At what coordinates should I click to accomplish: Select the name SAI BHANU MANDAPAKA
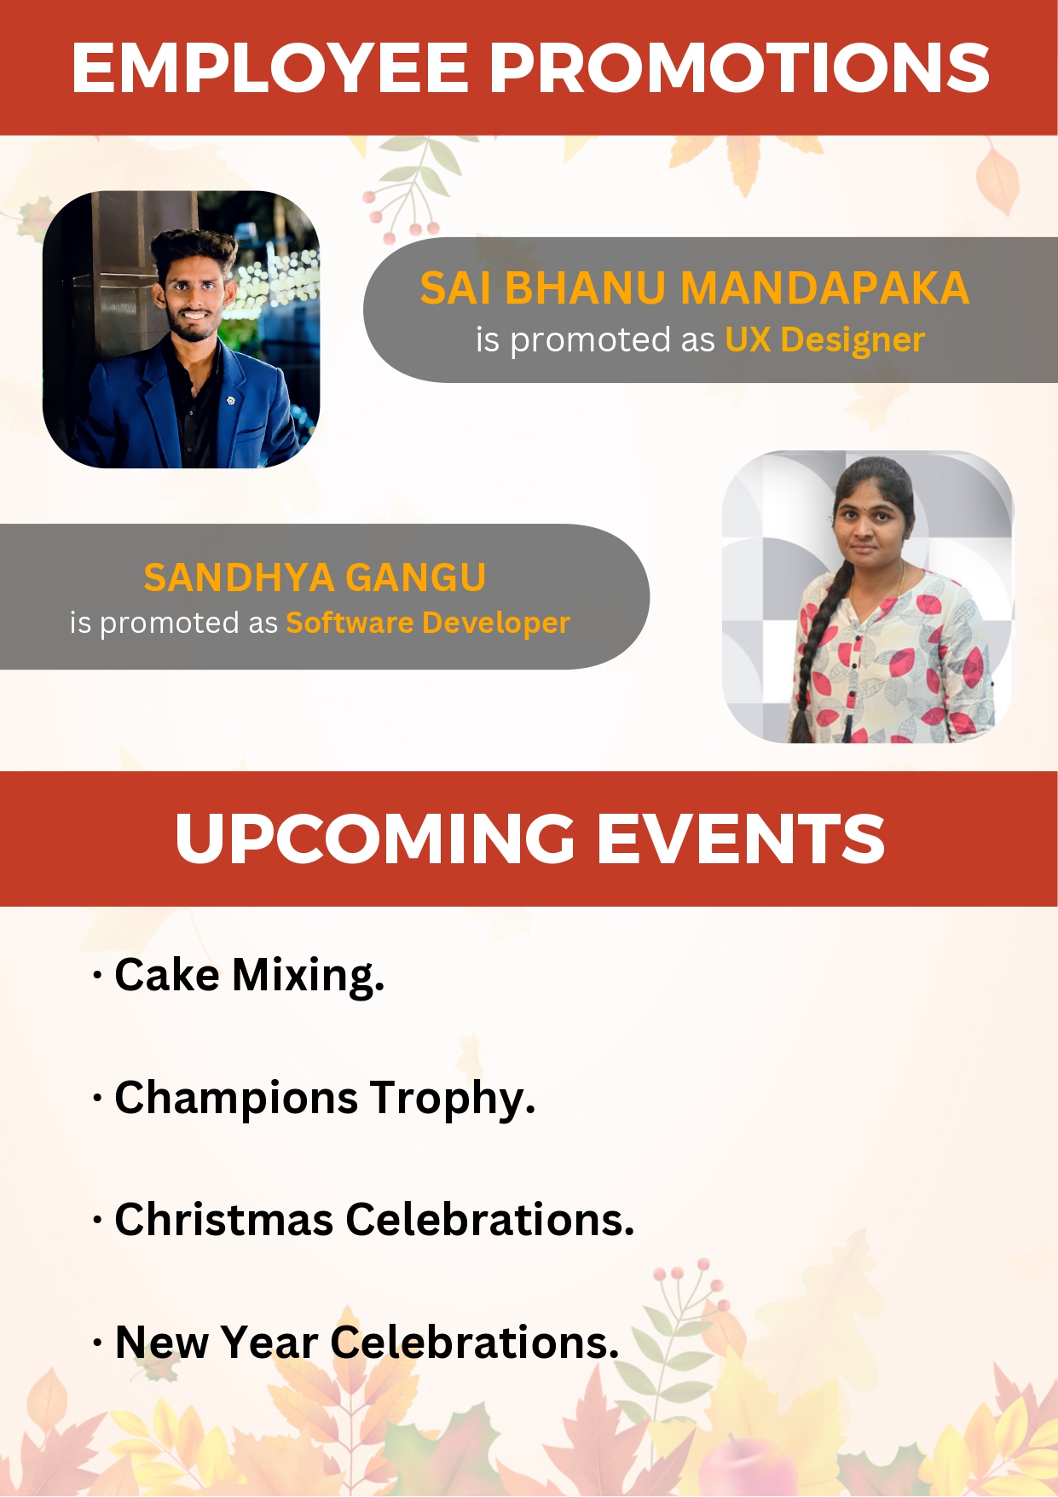695,287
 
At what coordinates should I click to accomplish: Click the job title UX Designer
824,339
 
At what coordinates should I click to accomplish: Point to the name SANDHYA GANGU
315,577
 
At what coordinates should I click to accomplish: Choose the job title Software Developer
428,623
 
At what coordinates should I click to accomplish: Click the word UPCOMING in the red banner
375,838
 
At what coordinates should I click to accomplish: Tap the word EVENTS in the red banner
740,838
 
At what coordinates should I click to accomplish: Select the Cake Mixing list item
249,975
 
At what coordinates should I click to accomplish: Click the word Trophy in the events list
453,1099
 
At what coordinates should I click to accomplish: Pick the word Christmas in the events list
223,1219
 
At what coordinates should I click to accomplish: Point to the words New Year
217,1342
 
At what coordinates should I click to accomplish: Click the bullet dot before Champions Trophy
97,1099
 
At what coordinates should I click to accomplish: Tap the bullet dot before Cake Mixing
97,976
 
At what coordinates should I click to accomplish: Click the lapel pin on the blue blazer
231,399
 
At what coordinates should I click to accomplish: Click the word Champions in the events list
236,1099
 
